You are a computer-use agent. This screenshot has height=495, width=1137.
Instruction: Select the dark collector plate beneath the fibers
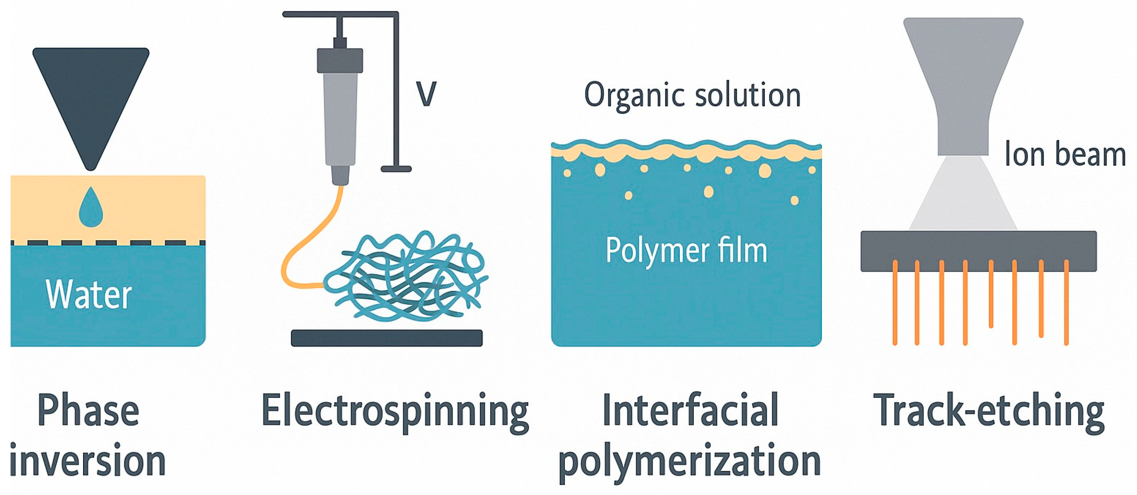coord(387,338)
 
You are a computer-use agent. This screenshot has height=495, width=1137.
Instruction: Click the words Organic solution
coord(692,95)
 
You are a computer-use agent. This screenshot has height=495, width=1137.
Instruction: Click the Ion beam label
coord(1064,155)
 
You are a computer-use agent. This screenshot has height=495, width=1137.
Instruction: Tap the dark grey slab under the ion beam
coord(978,251)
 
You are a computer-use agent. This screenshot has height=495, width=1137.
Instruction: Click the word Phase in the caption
coord(88,411)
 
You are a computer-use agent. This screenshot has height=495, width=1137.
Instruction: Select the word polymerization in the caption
coord(690,461)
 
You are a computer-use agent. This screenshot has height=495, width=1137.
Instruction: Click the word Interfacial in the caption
coord(690,411)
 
